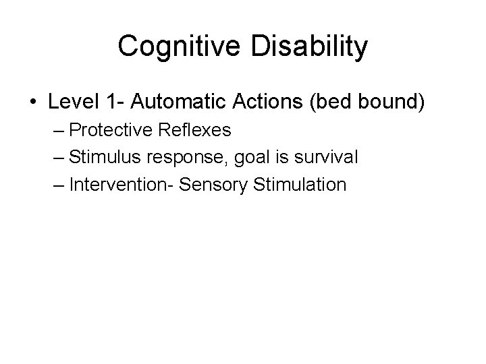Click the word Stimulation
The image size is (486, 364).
298,184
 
